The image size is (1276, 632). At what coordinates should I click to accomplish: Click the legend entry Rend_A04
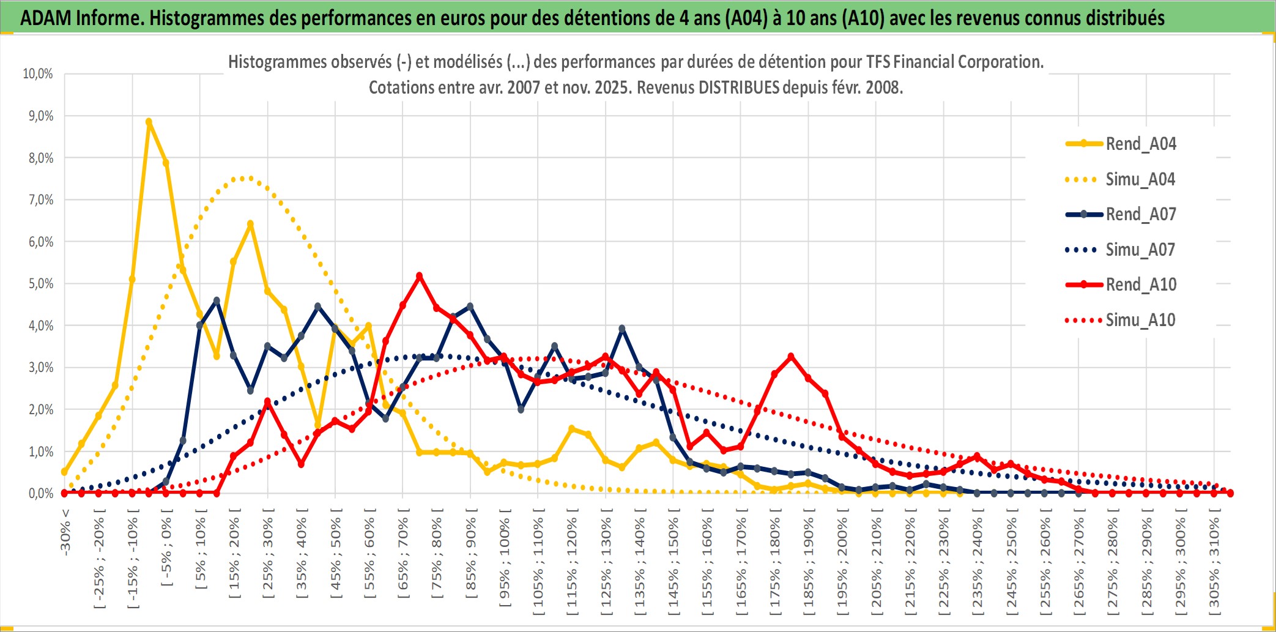coord(1140,144)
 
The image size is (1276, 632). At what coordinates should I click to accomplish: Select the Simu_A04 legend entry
coord(1140,179)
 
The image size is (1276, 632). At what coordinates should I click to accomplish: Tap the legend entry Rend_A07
coord(1140,214)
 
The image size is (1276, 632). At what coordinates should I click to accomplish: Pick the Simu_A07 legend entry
coord(1140,250)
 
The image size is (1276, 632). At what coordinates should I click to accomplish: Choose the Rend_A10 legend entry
coord(1140,284)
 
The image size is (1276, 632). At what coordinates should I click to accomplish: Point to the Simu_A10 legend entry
coord(1140,320)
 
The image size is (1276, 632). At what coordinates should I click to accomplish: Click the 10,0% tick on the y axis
coord(38,74)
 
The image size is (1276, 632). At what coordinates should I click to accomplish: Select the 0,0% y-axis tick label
coord(40,494)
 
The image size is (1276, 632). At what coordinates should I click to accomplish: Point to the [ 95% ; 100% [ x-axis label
coord(505,563)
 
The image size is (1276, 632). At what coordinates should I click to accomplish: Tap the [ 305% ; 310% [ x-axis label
coord(1214,563)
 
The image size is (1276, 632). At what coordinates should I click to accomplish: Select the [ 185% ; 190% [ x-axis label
coord(809,563)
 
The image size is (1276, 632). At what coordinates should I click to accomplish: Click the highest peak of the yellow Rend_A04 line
coord(149,122)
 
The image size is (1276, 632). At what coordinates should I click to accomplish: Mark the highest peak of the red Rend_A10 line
coord(419,276)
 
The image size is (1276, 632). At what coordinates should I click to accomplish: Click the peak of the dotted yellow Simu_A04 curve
coord(243,178)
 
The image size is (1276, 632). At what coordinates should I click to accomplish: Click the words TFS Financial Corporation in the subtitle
coord(954,62)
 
